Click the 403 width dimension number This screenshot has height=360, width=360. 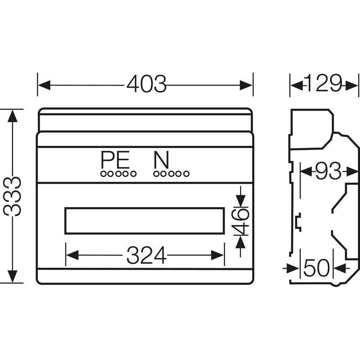(147, 84)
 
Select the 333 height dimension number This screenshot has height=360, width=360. (13, 196)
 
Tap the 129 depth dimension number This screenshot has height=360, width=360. (323, 83)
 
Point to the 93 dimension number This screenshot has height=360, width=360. (328, 171)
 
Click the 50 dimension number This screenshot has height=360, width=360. (317, 268)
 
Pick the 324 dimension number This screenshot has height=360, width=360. (147, 255)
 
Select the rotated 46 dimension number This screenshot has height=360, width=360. (240, 221)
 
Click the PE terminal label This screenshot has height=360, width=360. (115, 160)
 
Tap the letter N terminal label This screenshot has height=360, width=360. (162, 160)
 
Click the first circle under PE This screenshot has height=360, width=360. (103, 174)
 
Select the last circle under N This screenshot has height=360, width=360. (186, 174)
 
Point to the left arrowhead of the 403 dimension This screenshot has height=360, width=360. (44, 85)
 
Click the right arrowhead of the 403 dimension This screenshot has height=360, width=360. (246, 85)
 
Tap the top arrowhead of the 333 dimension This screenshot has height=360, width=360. (13, 116)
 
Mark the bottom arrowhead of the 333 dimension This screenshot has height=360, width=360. (13, 276)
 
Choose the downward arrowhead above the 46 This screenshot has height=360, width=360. (240, 201)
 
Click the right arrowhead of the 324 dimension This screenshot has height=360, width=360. (217, 255)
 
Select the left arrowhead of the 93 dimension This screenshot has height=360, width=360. (306, 171)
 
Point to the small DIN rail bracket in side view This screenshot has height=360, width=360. (298, 222)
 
